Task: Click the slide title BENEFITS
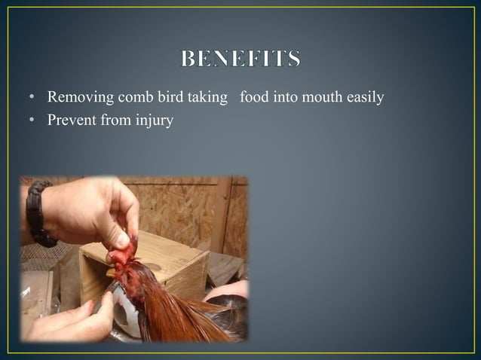coord(240,59)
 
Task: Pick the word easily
coord(366,97)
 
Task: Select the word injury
coord(155,119)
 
